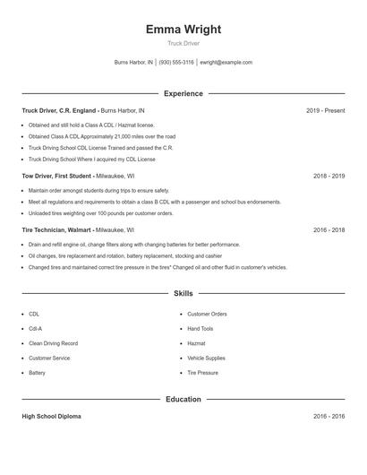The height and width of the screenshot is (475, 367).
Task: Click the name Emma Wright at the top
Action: pos(183,30)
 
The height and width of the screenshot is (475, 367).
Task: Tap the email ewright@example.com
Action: pos(226,63)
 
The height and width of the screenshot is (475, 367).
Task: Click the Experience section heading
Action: pos(183,93)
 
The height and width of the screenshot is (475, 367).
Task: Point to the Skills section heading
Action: pos(183,293)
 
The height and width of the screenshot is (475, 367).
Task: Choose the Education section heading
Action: pos(183,399)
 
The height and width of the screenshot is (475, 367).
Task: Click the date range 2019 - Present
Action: pos(325,110)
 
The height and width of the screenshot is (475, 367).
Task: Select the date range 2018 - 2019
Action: pos(329,177)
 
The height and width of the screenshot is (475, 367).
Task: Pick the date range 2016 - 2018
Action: pos(329,230)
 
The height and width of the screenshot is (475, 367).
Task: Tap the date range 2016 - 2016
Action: pos(329,417)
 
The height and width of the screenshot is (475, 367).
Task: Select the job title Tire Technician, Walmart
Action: pos(58,230)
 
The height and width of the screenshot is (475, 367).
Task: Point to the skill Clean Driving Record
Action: pos(53,343)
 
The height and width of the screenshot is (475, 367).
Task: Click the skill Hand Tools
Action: pos(201,329)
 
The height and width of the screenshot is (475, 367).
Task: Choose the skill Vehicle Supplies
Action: pos(206,358)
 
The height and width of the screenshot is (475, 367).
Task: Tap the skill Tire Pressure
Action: pos(202,372)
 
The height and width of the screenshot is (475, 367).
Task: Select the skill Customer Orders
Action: pos(207,315)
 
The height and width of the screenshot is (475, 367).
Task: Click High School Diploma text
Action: pos(53,417)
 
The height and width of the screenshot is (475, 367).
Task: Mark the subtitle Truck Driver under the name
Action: pos(183,44)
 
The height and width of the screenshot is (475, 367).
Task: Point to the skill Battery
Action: pos(37,372)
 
